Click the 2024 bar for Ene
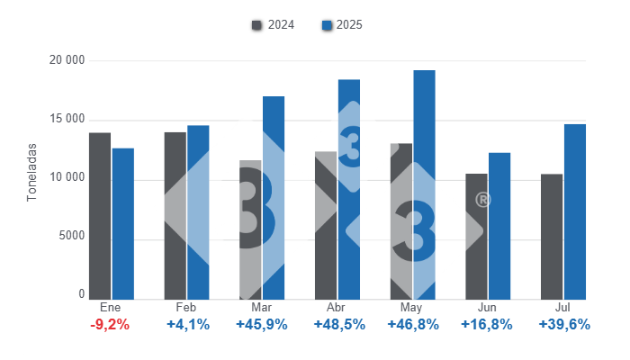(100, 216)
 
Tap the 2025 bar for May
(425, 184)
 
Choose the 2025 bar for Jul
(575, 211)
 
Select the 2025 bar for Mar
(274, 197)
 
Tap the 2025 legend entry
(342, 25)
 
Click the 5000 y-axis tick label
(71, 236)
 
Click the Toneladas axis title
(31, 171)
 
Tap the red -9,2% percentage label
(110, 325)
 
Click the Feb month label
(186, 308)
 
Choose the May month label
(412, 308)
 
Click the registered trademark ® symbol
(482, 200)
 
